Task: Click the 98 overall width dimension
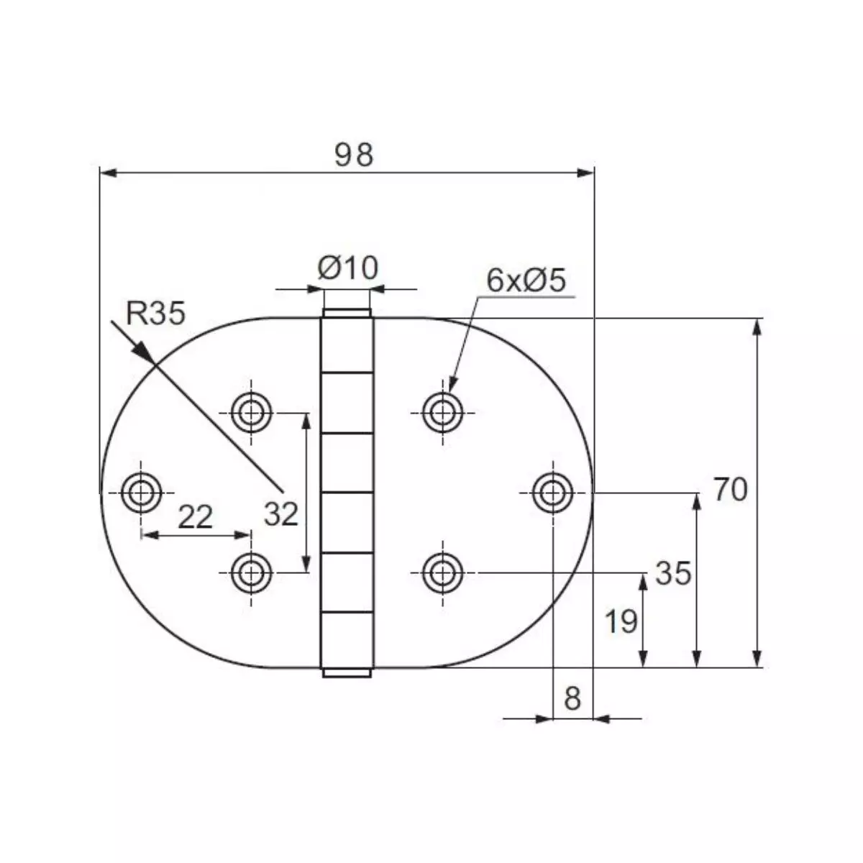tap(354, 155)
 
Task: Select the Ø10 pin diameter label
tap(347, 268)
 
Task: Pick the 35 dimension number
tap(673, 573)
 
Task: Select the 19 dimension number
tap(621, 621)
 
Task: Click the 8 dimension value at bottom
tap(572, 698)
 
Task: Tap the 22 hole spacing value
tap(195, 517)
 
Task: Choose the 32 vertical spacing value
tap(280, 514)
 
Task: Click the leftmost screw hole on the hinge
tap(141, 493)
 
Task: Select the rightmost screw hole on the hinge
tap(552, 493)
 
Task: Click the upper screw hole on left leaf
tap(251, 413)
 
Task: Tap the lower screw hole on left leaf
tap(251, 573)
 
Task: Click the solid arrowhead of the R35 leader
tap(144, 352)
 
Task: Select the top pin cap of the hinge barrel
tap(347, 314)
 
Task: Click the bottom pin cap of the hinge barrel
tap(347, 673)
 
